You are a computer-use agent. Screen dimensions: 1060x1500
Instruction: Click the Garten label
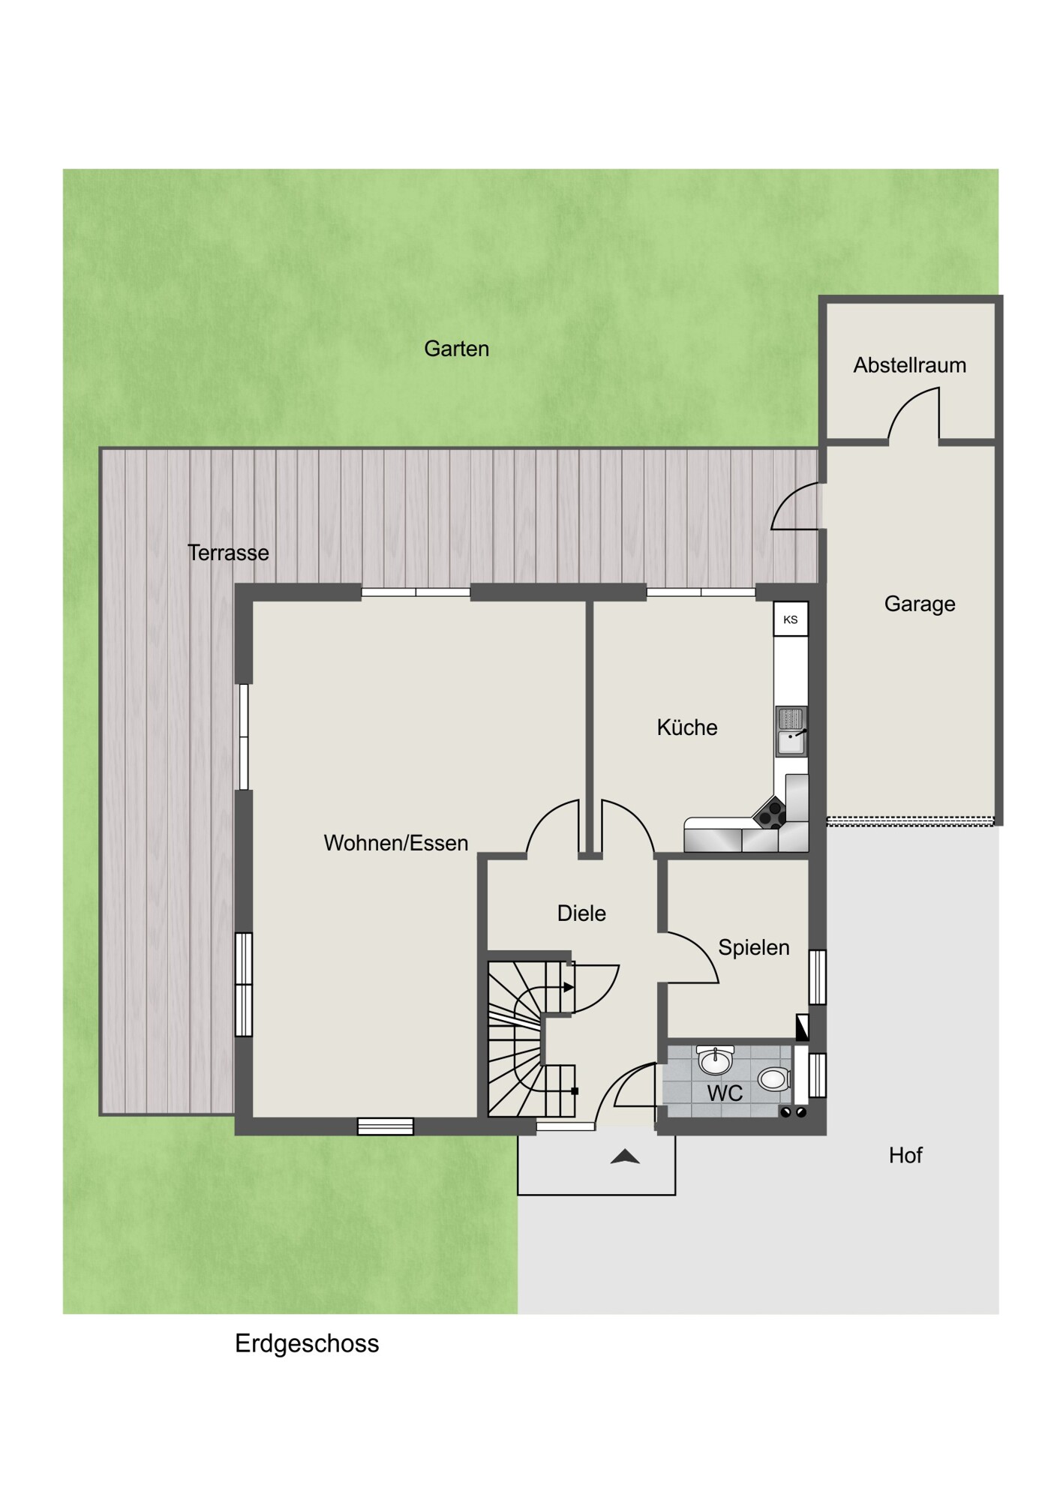[x=456, y=349]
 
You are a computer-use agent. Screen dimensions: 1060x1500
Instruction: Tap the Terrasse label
[x=228, y=553]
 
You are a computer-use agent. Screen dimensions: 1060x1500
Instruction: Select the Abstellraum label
[x=909, y=365]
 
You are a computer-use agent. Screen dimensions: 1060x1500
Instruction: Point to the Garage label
[x=920, y=604]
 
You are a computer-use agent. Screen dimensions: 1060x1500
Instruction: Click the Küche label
[x=687, y=727]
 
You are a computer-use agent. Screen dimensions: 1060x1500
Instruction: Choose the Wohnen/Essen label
[x=396, y=843]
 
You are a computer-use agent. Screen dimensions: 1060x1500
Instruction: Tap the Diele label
[x=581, y=913]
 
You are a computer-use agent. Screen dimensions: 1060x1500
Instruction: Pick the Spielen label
[x=754, y=947]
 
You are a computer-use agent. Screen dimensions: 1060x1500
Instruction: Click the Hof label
[x=905, y=1155]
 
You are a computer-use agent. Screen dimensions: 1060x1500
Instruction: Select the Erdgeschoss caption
[x=307, y=1343]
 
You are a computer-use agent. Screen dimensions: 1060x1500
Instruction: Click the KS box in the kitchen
[x=791, y=619]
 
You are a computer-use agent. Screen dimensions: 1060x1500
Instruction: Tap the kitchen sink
[x=791, y=731]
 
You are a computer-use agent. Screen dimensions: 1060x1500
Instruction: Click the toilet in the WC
[x=773, y=1079]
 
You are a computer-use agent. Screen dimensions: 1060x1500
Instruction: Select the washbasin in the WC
[x=715, y=1059]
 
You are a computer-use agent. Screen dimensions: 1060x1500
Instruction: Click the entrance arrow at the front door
[x=625, y=1157]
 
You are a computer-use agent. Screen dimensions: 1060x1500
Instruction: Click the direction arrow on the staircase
[x=569, y=988]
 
